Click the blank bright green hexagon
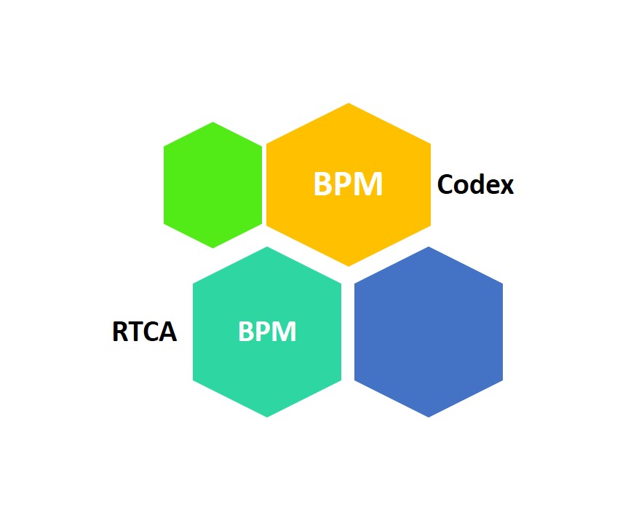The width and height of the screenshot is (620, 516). coord(212,185)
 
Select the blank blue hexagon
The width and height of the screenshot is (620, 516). coord(428,332)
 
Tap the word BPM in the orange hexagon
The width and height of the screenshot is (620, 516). coord(348,184)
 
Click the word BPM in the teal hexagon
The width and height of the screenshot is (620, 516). coord(267,332)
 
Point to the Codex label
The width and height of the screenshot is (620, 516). coord(475,185)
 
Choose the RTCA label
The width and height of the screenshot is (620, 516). coord(144,332)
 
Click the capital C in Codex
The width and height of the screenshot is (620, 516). coord(445,185)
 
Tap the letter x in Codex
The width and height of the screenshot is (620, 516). coord(506,187)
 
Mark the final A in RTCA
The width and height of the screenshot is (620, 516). coord(168,332)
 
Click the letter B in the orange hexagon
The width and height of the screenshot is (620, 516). coord(323,184)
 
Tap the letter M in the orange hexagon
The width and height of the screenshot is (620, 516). coord(370,184)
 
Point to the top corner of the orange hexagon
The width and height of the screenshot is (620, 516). coord(349,104)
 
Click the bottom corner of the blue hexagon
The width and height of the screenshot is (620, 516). coord(428,416)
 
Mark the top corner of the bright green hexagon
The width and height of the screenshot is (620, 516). coord(212,123)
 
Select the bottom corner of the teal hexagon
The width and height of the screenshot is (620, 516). coord(267,416)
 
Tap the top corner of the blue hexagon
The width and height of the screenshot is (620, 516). coord(428,248)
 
